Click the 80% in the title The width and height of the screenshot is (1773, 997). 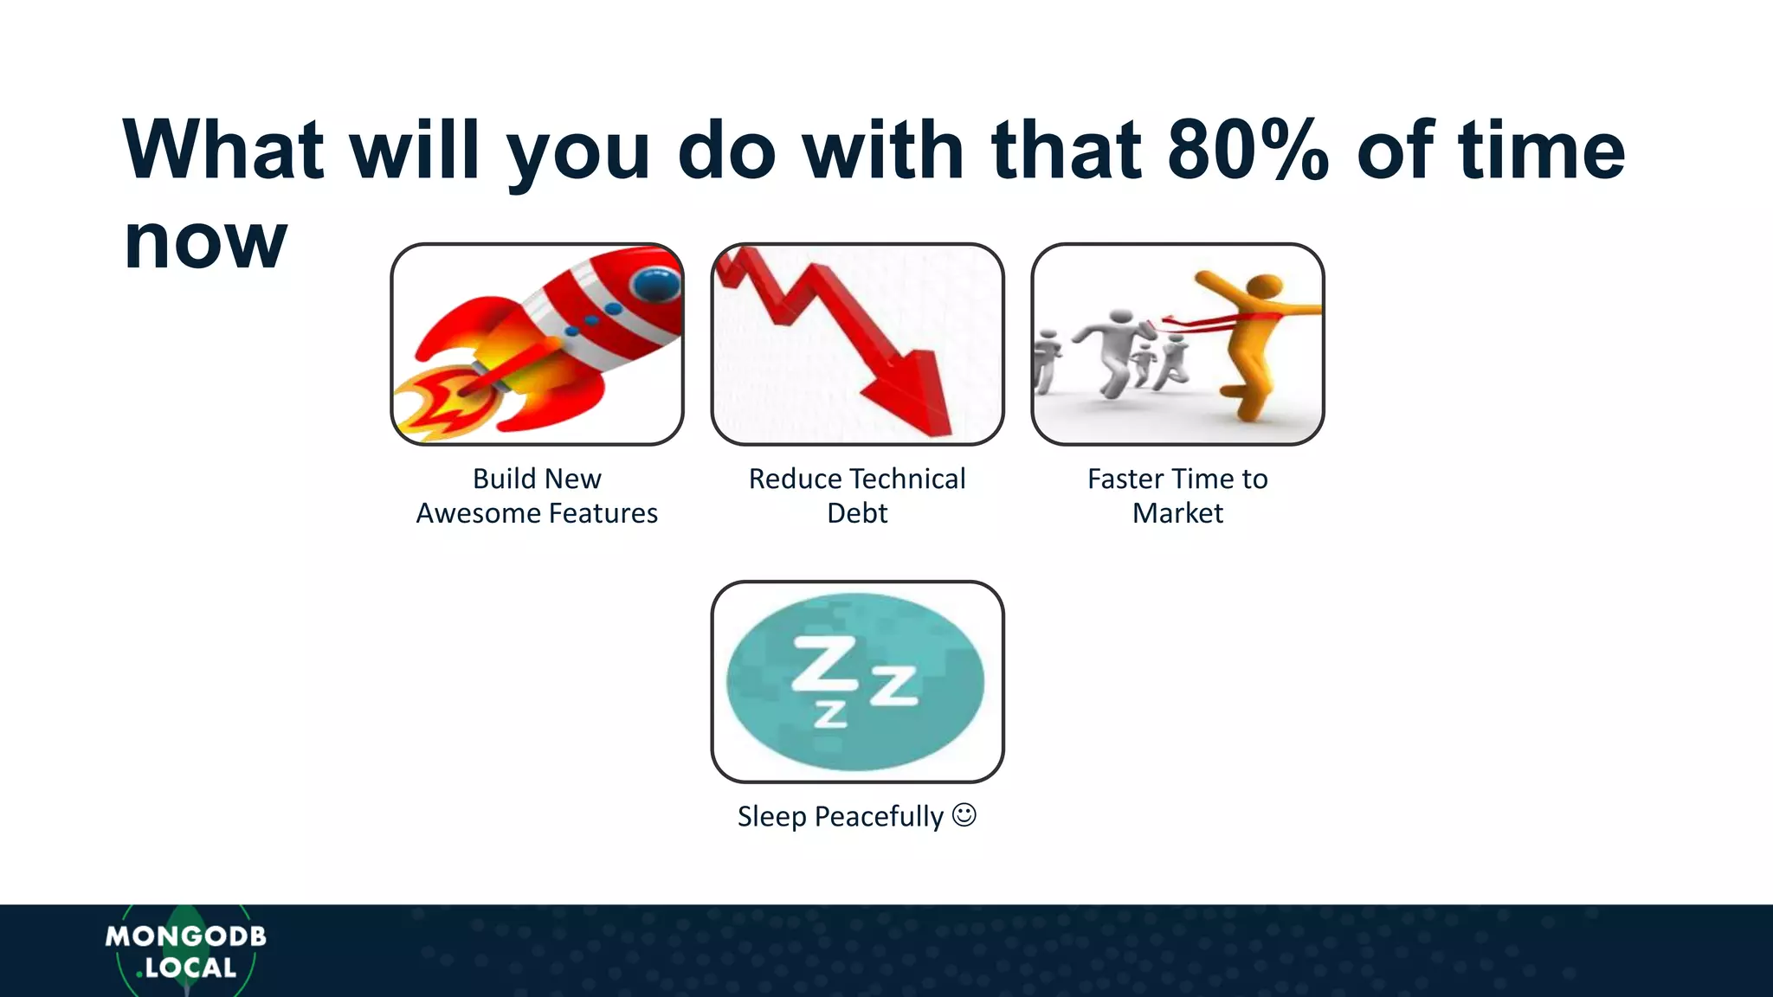click(1247, 151)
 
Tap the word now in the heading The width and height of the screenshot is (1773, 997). click(204, 242)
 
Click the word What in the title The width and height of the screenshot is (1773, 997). click(223, 151)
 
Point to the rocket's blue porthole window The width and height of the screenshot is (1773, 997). click(655, 281)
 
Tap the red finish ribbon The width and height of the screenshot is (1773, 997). click(1212, 322)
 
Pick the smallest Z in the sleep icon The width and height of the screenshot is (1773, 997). click(830, 713)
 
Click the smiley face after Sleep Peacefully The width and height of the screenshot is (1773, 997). click(964, 815)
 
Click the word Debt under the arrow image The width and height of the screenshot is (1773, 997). click(857, 513)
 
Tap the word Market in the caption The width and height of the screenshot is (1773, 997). click(1177, 513)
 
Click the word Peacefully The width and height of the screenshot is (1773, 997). click(878, 816)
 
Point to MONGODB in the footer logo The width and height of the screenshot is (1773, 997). click(185, 936)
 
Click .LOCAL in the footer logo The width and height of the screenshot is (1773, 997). click(187, 968)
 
